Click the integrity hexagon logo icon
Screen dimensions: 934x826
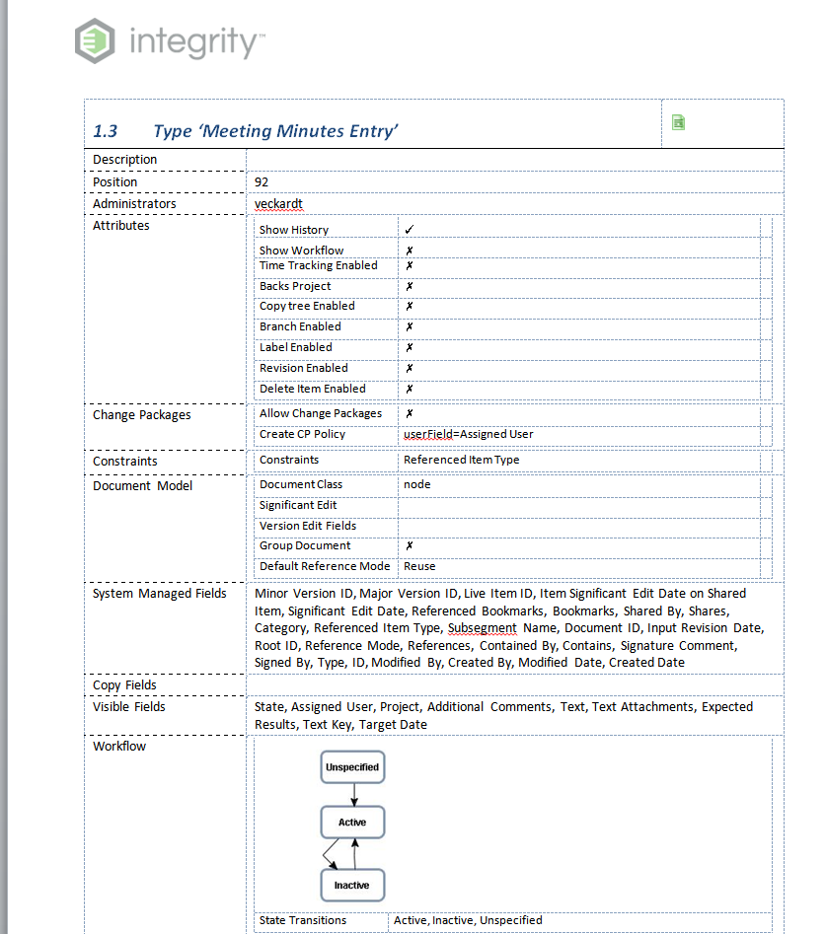tap(95, 41)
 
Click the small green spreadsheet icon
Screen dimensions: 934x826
tap(678, 122)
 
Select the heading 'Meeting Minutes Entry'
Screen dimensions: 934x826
tap(275, 131)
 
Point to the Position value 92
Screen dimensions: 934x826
tap(262, 182)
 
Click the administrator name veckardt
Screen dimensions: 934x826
tap(278, 204)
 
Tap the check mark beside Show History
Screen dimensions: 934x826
tap(409, 229)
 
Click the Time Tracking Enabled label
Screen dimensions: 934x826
tap(318, 265)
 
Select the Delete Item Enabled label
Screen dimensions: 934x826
tap(312, 389)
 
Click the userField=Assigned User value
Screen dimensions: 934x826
tap(468, 434)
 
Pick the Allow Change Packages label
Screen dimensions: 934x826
tap(320, 413)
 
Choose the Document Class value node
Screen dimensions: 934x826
tap(416, 484)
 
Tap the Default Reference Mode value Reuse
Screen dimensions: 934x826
tap(419, 566)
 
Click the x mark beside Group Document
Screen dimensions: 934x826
tap(409, 545)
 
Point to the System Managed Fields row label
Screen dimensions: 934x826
tap(159, 594)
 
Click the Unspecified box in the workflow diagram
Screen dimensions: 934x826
tap(352, 766)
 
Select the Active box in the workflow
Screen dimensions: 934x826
tap(352, 823)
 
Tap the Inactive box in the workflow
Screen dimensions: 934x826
tap(352, 885)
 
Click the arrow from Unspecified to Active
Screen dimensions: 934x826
tap(353, 795)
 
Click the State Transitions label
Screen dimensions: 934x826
tap(302, 920)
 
